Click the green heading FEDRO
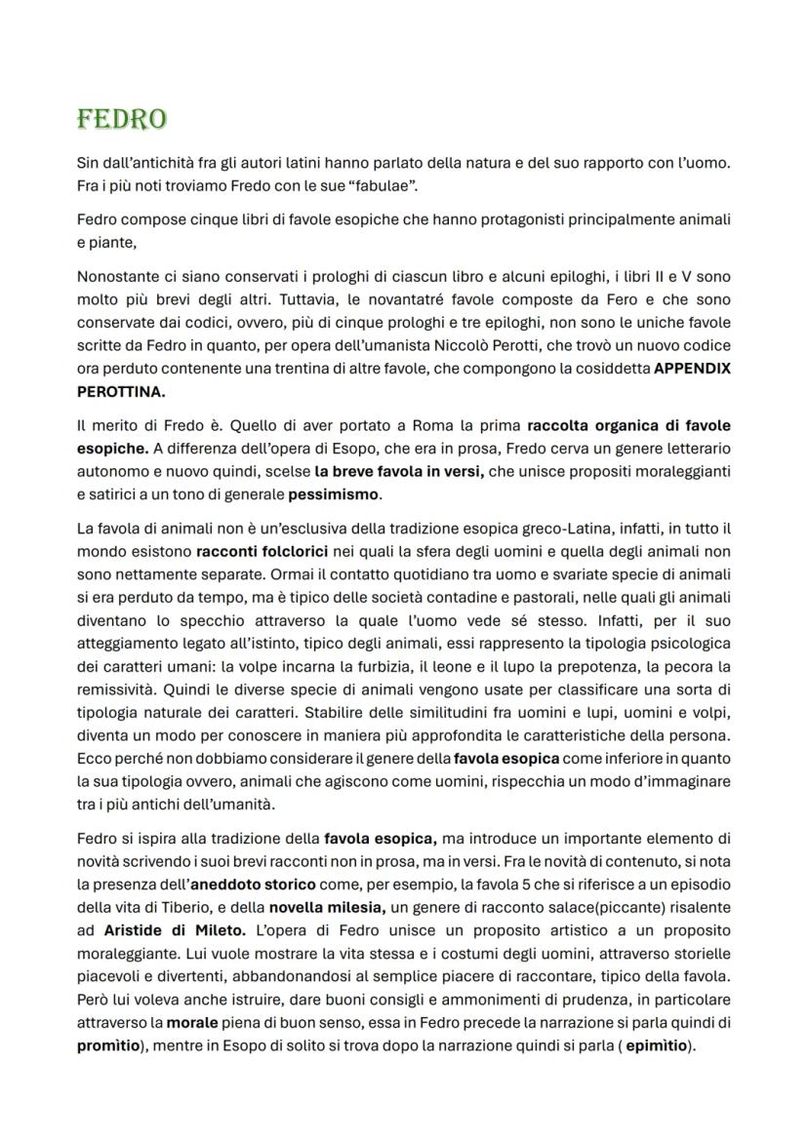tap(121, 119)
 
